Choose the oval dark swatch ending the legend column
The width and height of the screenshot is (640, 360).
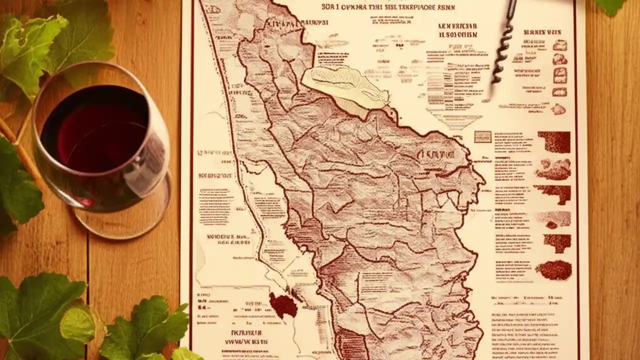click(553, 270)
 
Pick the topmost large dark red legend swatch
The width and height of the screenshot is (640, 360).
click(554, 142)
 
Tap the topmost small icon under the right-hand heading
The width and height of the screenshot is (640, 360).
click(559, 45)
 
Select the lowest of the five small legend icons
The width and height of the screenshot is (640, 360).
click(558, 109)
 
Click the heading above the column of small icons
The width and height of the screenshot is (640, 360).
click(542, 32)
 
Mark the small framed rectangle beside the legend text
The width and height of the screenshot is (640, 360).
click(482, 136)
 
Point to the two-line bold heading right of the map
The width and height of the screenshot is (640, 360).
click(457, 30)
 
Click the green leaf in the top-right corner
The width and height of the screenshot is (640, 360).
click(610, 6)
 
